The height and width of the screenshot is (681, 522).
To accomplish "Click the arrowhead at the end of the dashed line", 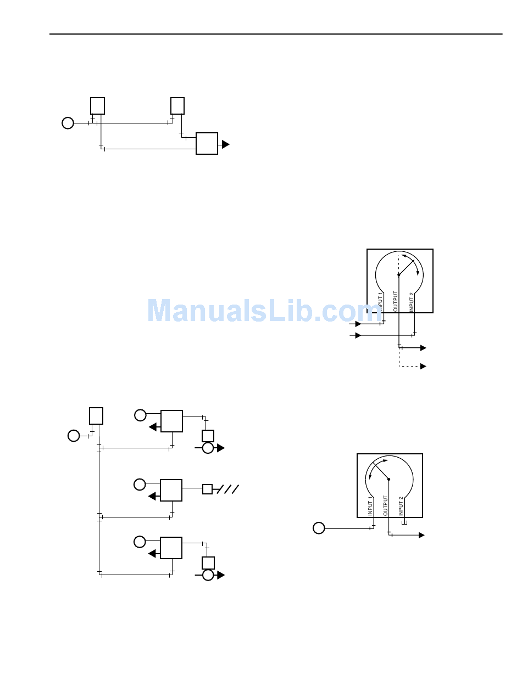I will point(423,366).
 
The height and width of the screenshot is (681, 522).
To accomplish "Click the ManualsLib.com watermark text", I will point(264,311).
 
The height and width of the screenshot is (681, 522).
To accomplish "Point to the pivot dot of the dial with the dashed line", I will point(399,275).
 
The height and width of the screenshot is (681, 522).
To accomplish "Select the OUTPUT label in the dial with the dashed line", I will point(396,301).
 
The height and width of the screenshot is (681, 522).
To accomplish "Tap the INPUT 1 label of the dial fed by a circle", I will point(370,506).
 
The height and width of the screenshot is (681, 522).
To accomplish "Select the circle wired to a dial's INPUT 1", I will point(319,528).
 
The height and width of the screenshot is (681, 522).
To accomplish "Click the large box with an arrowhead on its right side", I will point(207,143).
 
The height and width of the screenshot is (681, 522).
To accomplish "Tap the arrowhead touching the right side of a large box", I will point(225,144).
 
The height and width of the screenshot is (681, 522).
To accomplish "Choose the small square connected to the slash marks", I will point(207,489).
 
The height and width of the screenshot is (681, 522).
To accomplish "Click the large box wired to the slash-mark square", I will point(171,490).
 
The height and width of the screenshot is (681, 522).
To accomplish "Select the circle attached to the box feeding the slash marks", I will point(140,485).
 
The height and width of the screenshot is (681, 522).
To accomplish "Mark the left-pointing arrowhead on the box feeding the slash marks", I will point(153,496).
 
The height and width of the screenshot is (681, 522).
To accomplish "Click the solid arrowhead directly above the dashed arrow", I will point(423,348).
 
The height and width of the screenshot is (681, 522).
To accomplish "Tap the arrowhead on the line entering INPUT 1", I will point(359,324).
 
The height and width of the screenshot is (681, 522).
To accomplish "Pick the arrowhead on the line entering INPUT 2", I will point(359,335).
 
